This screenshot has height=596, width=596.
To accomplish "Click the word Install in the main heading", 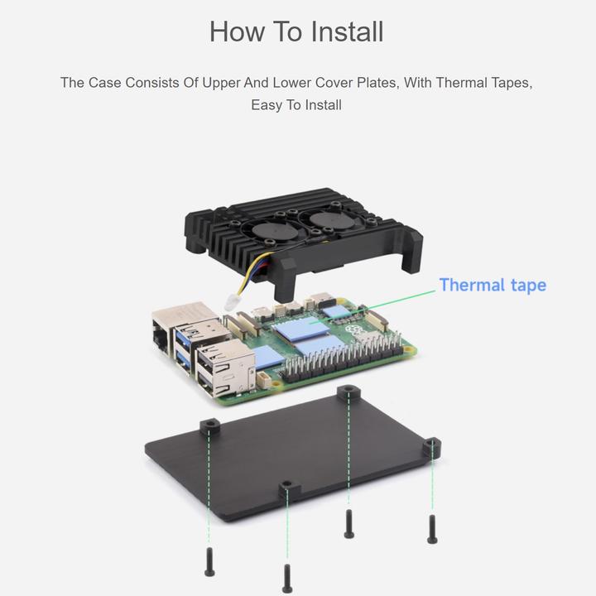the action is point(347,31).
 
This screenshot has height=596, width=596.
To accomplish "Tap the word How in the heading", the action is point(237,31).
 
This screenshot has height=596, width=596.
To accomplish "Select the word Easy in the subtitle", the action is point(267,105).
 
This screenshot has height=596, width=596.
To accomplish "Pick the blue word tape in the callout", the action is point(528,286).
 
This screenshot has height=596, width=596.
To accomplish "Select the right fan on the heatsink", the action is point(327,219).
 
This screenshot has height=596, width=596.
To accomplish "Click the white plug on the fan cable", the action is point(232,302).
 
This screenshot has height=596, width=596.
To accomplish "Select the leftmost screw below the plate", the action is point(209,562).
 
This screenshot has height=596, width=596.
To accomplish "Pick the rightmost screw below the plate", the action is point(432,529).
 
